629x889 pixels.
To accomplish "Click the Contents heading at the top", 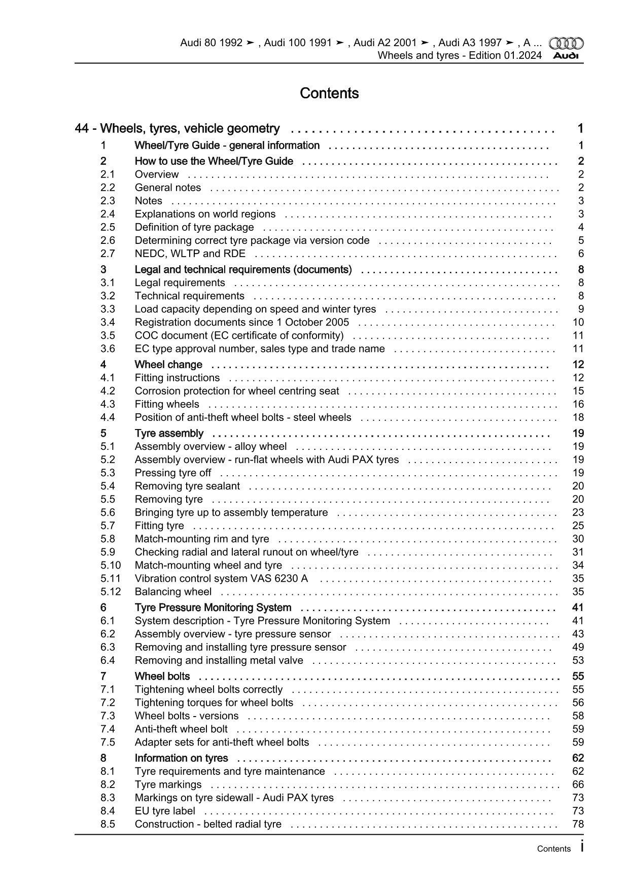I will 329,93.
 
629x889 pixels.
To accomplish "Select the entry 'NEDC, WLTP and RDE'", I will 190,254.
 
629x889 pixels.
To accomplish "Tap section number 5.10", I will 111,565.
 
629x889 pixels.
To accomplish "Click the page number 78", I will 578,824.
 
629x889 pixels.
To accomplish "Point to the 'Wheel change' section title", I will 168,365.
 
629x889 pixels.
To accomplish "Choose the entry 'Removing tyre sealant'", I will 187,486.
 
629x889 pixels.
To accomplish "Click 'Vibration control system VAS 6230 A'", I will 221,578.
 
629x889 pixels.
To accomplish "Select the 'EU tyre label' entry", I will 165,811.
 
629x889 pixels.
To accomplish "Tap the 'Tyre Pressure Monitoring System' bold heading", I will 213,608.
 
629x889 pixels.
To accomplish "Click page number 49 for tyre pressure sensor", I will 578,647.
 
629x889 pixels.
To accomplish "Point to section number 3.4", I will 108,322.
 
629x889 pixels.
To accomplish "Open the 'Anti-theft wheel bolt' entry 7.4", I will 181,729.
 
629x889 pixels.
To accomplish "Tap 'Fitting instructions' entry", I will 177,378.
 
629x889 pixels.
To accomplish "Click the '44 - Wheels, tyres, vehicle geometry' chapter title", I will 177,129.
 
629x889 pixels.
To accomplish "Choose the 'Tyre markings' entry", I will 168,785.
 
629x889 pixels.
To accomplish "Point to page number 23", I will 578,512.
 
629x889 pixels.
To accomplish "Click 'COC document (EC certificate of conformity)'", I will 239,335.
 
